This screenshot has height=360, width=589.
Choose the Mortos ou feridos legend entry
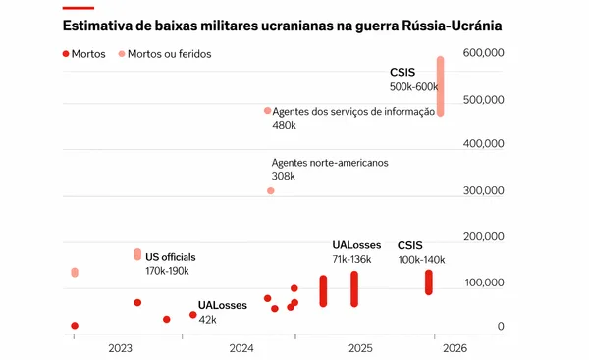coord(167,54)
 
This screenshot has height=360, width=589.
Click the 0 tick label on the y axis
coord(501,327)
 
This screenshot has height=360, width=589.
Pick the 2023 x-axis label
coord(121,347)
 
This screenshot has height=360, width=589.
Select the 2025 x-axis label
coord(360,347)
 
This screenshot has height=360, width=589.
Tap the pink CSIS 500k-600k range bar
coord(441,86)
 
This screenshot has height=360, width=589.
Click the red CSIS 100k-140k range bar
coord(429,283)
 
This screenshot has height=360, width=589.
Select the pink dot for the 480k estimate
coord(267,111)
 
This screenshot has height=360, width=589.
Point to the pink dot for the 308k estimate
coord(271,190)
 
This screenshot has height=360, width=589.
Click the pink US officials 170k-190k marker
coord(137,254)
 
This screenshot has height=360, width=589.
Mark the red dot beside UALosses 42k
coord(193,315)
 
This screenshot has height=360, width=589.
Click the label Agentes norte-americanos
coord(330,162)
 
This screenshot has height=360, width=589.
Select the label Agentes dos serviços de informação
coord(352,112)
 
